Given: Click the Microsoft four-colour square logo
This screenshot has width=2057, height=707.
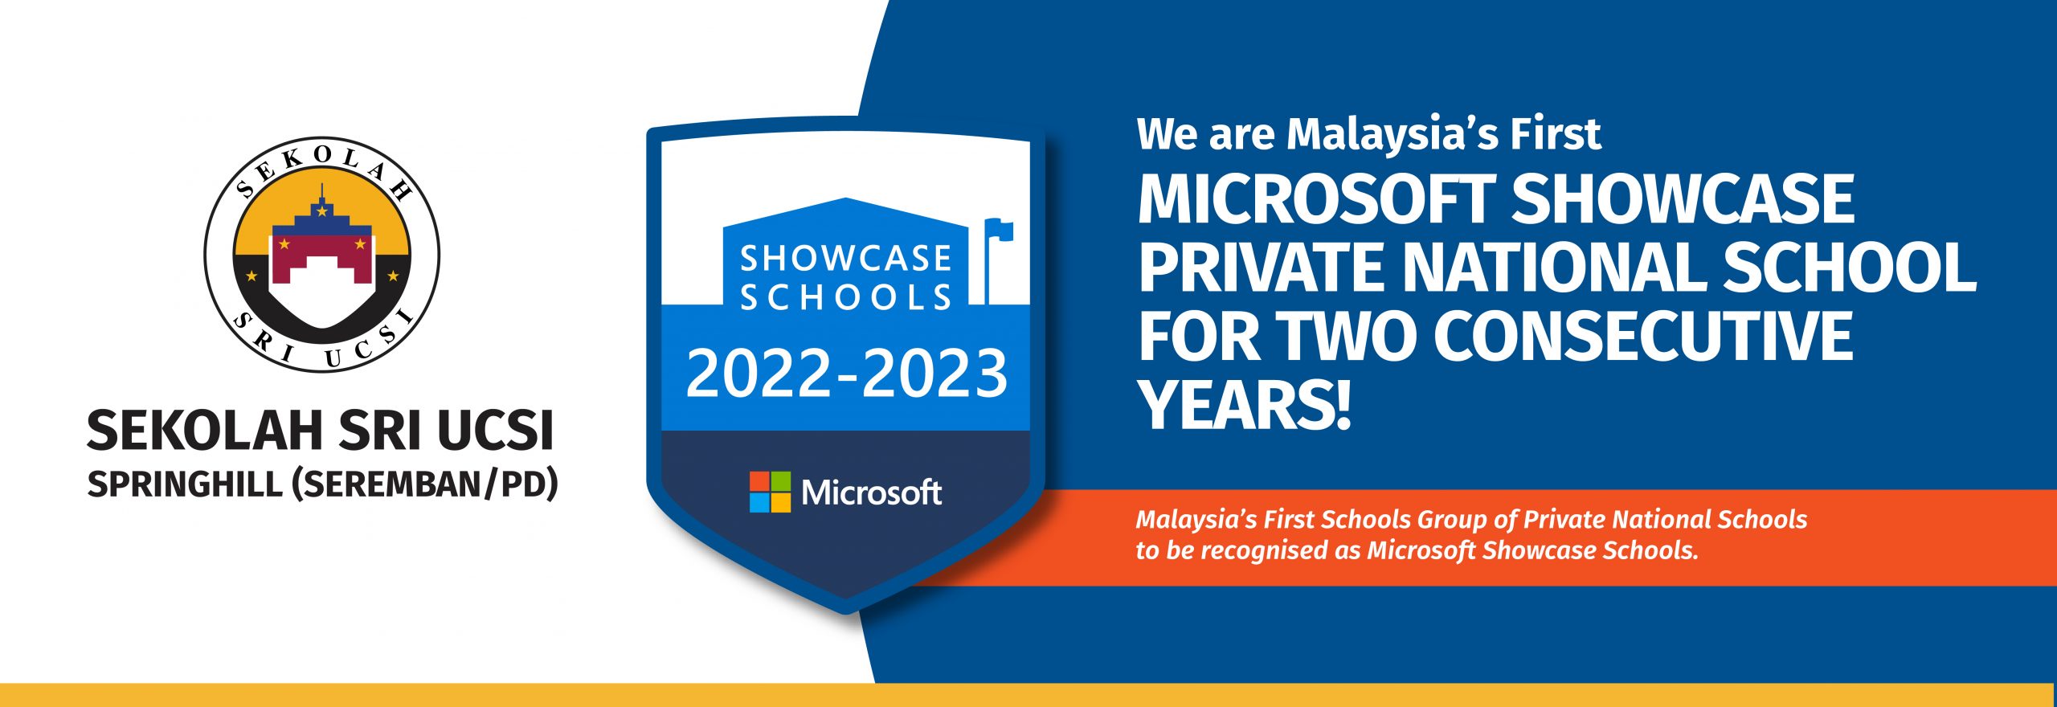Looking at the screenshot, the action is click(x=770, y=492).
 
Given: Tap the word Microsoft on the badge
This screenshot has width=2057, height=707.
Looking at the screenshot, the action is click(x=872, y=492).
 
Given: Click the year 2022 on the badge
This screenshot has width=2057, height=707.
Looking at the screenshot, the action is click(x=758, y=373).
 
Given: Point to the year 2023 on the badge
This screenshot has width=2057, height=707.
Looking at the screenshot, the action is click(x=934, y=373).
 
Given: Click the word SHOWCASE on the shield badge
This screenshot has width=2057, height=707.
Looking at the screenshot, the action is click(x=845, y=259).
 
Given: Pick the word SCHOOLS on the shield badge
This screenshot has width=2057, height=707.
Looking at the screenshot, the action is click(x=845, y=297).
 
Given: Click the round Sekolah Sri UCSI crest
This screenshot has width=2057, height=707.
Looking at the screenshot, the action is click(x=321, y=254).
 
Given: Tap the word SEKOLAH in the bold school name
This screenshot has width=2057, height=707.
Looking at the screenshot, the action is click(x=205, y=431).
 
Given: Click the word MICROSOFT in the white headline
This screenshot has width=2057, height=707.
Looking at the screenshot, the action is click(x=1316, y=200).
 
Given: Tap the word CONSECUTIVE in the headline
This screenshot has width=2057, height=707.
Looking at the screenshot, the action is click(x=1644, y=336).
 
